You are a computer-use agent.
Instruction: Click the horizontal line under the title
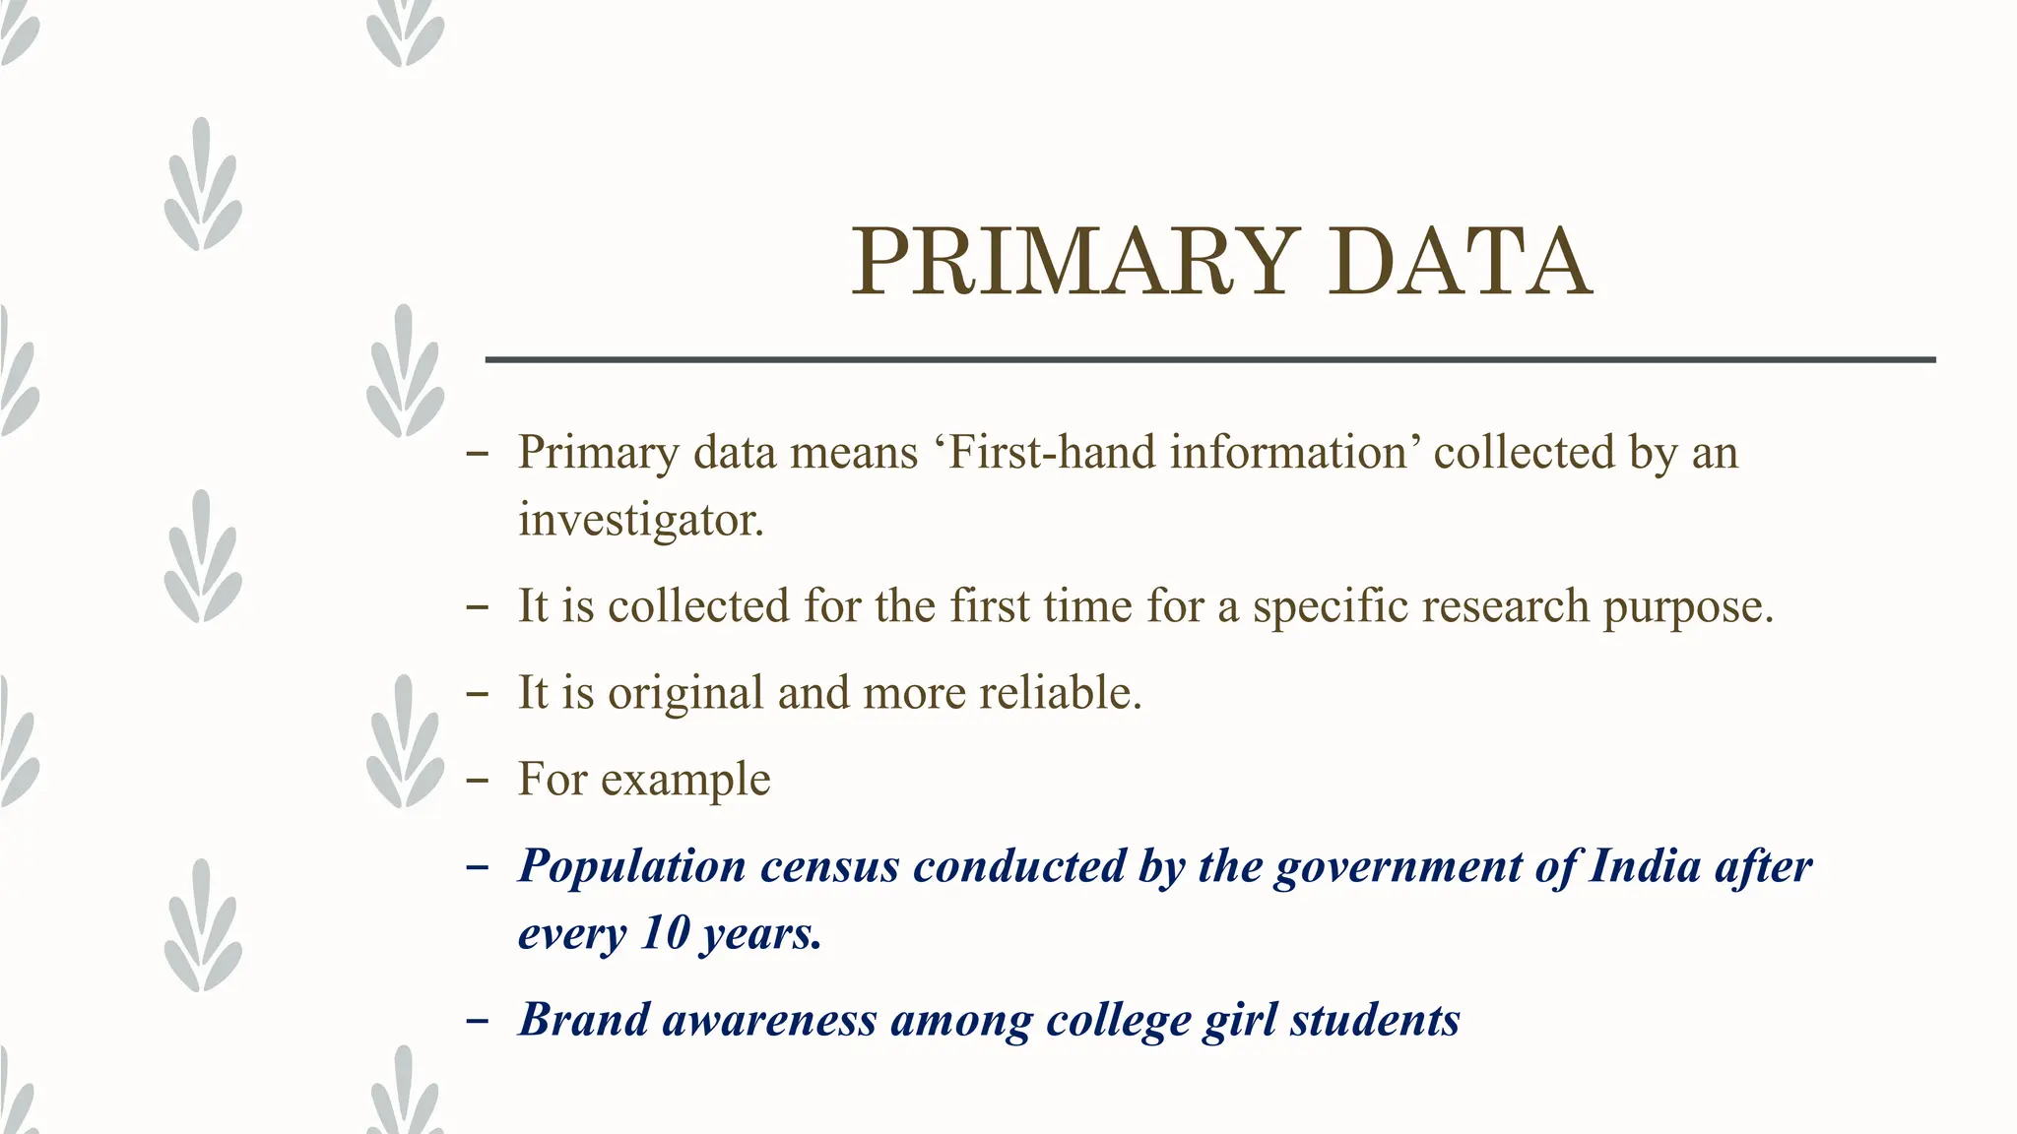(x=1209, y=360)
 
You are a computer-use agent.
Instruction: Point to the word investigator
(x=640, y=520)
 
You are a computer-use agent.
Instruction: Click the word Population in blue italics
(x=632, y=867)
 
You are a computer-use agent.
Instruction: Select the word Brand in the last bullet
(x=583, y=1020)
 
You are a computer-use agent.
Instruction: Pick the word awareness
(x=769, y=1021)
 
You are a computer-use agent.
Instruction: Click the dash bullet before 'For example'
(x=478, y=781)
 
